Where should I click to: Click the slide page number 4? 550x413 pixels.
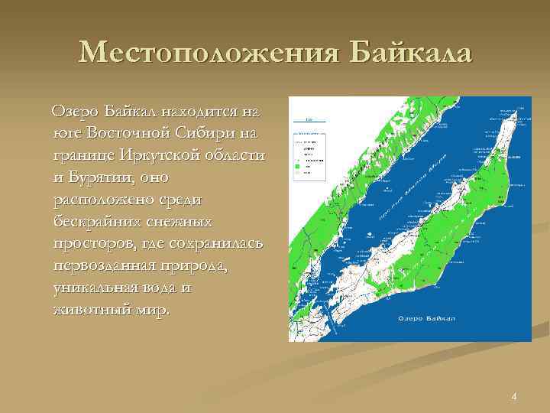click(514, 396)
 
